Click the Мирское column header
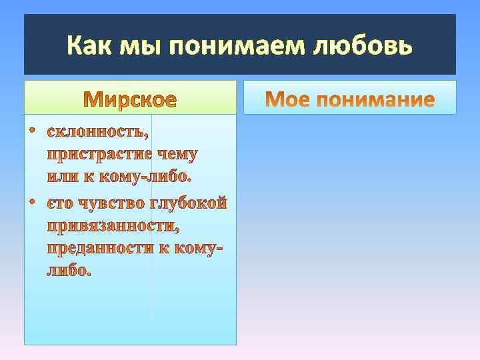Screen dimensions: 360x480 [x=131, y=100]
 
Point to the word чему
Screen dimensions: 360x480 [x=177, y=155]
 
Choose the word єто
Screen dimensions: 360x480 [x=61, y=202]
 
